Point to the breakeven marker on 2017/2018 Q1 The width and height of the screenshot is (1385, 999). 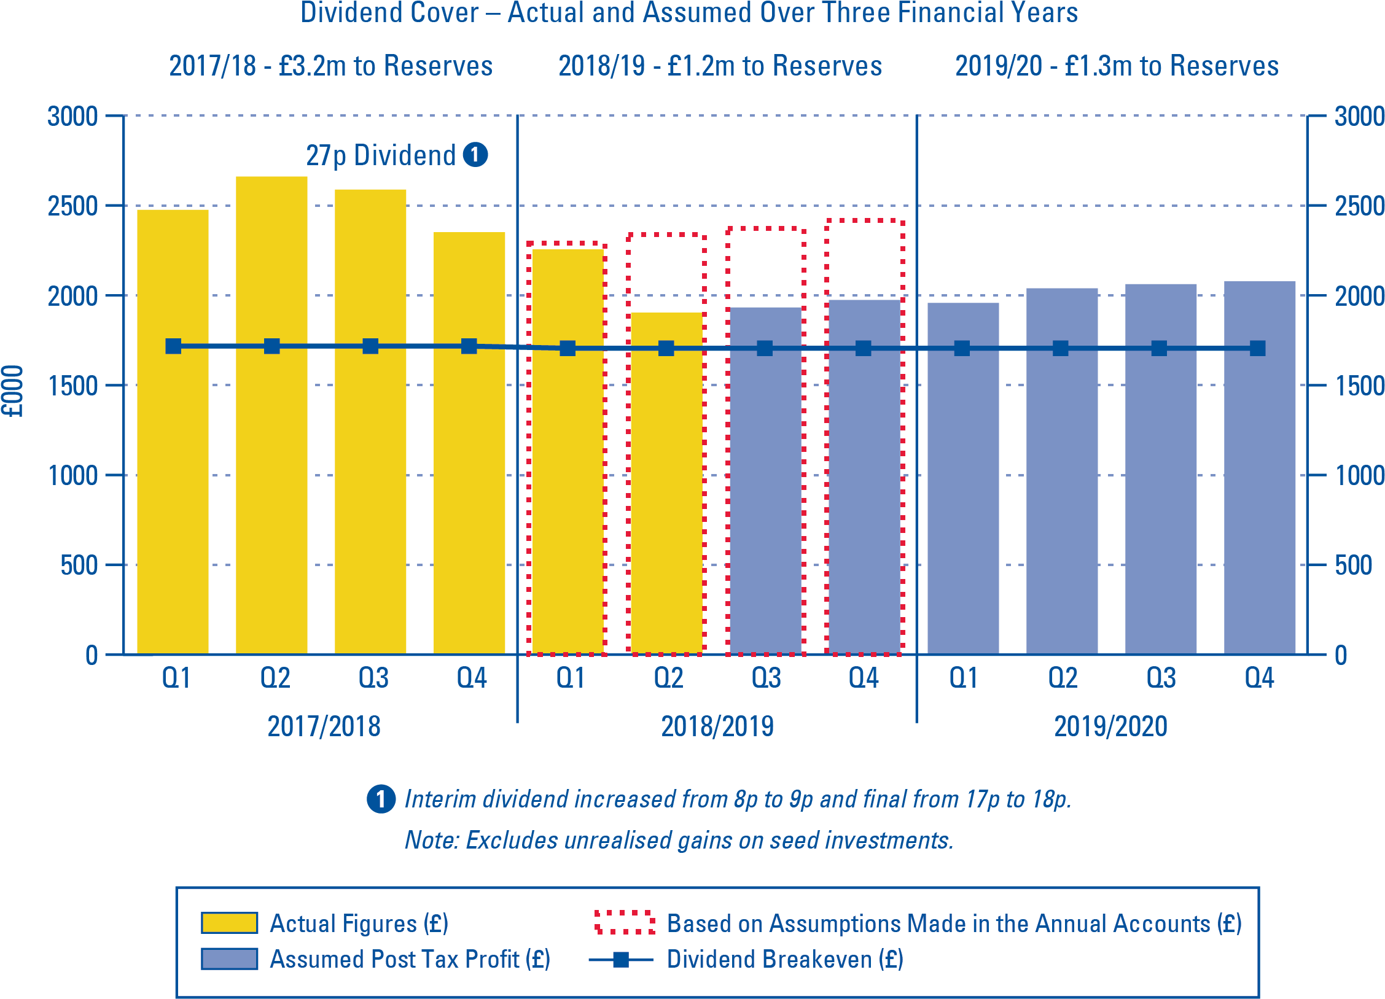tap(173, 346)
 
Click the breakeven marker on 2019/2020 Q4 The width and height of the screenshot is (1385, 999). tap(1257, 349)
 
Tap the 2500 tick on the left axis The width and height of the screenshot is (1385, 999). tap(72, 206)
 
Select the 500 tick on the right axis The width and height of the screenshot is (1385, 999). tap(1353, 565)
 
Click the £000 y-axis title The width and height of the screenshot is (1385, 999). tap(12, 391)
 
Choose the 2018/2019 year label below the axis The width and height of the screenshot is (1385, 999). tap(717, 726)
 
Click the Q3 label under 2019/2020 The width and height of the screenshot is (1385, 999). tap(1160, 678)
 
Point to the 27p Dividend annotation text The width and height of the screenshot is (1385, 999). tap(381, 156)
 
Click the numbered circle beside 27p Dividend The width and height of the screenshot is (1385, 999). tap(475, 155)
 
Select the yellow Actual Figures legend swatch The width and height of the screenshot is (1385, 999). tap(229, 923)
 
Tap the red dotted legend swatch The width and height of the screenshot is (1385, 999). tap(624, 922)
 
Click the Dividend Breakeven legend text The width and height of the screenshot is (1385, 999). tap(785, 959)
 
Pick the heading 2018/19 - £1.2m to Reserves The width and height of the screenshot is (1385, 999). tap(720, 66)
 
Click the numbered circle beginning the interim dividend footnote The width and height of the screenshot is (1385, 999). tap(381, 799)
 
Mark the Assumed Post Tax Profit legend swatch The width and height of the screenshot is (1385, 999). tap(229, 959)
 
